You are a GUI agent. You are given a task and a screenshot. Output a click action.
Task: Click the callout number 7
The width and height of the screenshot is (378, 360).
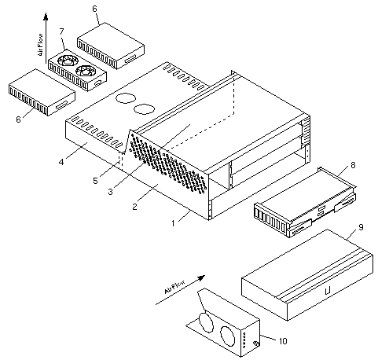61,31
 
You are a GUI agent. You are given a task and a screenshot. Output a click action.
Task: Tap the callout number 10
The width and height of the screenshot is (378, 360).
283,341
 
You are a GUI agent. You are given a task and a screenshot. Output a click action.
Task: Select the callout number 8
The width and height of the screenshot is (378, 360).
353,165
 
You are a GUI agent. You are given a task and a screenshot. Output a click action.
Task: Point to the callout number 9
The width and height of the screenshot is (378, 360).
361,227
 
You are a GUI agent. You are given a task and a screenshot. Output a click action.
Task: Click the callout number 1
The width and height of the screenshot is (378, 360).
173,223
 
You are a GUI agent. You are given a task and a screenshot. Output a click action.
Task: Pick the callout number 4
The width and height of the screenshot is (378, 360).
61,162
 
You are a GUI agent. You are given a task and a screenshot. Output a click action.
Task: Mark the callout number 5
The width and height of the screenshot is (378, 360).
95,181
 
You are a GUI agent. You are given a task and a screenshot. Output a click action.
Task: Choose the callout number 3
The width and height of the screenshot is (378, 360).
110,192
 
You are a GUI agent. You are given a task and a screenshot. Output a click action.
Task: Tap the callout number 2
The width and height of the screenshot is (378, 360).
134,207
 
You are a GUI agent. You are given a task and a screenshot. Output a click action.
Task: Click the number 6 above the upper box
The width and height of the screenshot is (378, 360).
94,9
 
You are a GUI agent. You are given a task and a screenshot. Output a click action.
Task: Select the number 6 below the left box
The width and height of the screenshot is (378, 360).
18,119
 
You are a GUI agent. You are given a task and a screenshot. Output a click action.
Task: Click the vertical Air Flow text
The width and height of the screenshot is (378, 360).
40,45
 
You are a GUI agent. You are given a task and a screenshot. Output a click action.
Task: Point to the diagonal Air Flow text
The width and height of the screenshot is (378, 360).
174,287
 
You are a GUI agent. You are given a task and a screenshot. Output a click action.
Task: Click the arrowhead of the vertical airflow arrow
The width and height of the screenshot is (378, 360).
46,16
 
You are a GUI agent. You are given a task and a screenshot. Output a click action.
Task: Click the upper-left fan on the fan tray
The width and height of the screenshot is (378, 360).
68,61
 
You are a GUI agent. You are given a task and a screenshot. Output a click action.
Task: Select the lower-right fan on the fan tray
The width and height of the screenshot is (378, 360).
86,70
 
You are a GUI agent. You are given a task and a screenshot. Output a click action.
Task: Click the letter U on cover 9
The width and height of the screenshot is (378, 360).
328,290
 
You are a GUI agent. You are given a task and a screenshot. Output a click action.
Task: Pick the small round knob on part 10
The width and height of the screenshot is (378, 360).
256,343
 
